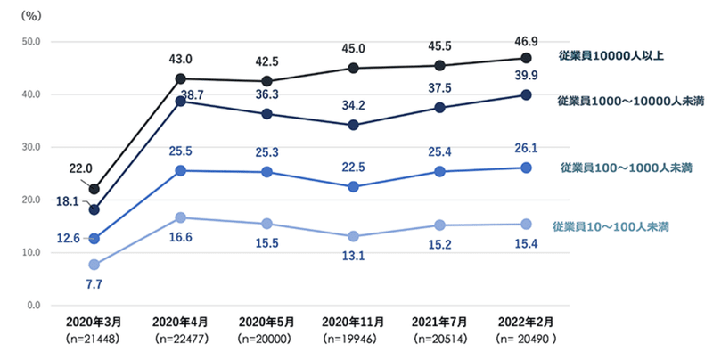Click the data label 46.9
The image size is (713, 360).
click(526, 42)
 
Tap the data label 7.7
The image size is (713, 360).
click(94, 283)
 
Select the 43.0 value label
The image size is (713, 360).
click(180, 60)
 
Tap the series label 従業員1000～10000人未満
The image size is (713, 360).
click(619, 100)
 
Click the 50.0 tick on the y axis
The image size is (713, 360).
click(32, 42)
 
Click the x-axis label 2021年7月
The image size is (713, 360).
click(439, 323)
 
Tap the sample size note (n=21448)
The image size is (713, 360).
click(94, 340)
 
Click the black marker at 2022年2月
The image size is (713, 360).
click(526, 59)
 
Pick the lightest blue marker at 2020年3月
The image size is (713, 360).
click(94, 265)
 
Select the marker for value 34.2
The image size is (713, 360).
click(354, 125)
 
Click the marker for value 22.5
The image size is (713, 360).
click(354, 186)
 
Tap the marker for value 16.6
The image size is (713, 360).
click(181, 217)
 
